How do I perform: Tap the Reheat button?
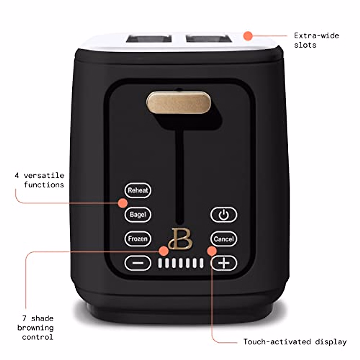pyautogui.click(x=138, y=190)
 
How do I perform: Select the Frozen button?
pyautogui.click(x=138, y=239)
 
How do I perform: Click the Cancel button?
pyautogui.click(x=223, y=239)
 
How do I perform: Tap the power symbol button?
pyautogui.click(x=223, y=215)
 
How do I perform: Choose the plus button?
pyautogui.click(x=224, y=263)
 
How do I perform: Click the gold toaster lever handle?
pyautogui.click(x=178, y=103)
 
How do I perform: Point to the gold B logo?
pyautogui.click(x=180, y=239)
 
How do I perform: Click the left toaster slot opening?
pyautogui.click(x=149, y=39)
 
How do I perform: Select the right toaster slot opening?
pyautogui.click(x=209, y=39)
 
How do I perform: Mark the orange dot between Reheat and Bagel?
pyautogui.click(x=122, y=203)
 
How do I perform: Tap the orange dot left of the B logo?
pyautogui.click(x=163, y=250)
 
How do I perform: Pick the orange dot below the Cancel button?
pyautogui.click(x=212, y=251)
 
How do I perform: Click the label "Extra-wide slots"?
pyautogui.click(x=316, y=40)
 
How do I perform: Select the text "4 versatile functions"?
pyautogui.click(x=40, y=180)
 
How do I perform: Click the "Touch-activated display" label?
pyautogui.click(x=295, y=342)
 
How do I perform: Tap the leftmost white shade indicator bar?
pyautogui.click(x=160, y=263)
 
